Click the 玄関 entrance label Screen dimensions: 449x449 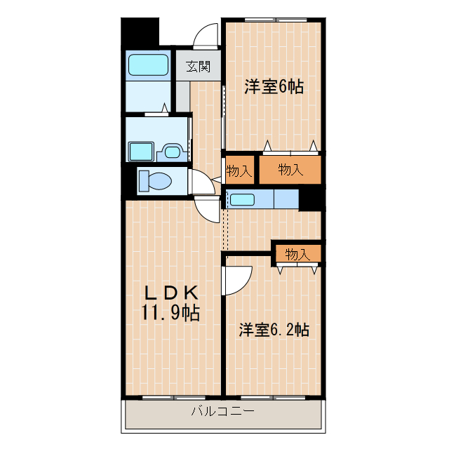click(x=199, y=67)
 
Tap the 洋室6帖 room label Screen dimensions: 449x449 click(x=274, y=87)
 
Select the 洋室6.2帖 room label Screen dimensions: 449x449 click(x=274, y=329)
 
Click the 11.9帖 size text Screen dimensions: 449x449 click(x=172, y=312)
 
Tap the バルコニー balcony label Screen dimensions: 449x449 click(x=222, y=411)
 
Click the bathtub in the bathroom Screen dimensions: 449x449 click(x=149, y=65)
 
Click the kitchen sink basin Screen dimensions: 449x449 click(x=243, y=199)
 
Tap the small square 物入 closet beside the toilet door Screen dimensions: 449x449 click(x=239, y=170)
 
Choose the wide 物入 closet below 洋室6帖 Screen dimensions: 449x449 click(x=290, y=169)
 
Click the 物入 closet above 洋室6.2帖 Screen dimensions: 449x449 click(x=297, y=254)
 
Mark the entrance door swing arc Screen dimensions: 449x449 click(x=207, y=35)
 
